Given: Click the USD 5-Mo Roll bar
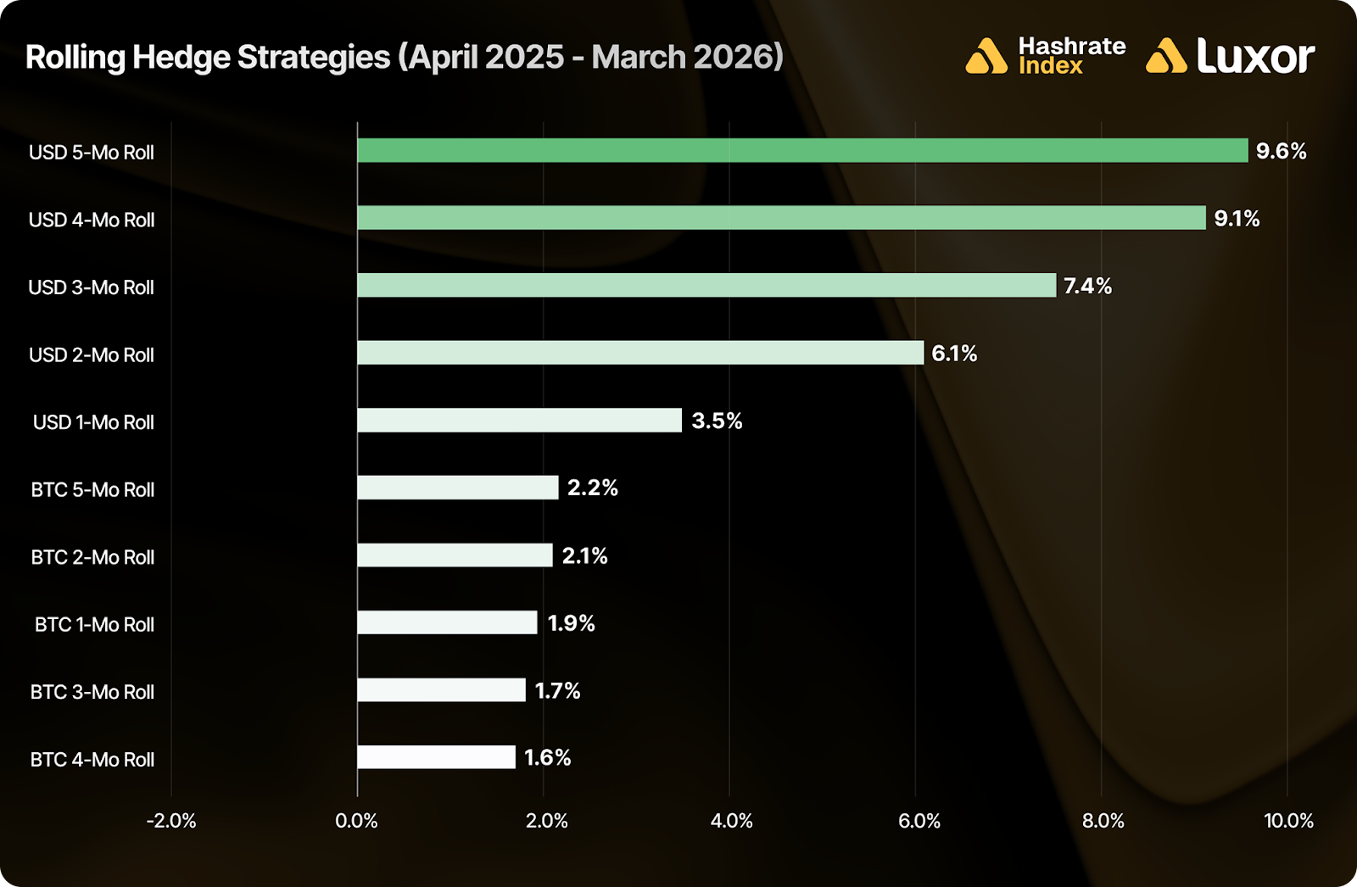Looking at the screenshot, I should tap(802, 151).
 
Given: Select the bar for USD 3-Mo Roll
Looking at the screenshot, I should tap(706, 286).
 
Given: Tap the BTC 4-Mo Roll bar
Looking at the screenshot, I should tap(436, 757).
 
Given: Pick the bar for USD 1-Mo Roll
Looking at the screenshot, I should tap(519, 421).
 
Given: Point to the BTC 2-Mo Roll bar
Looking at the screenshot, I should tap(455, 555).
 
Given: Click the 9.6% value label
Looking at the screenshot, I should tap(1281, 151).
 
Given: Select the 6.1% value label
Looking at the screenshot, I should tap(954, 354).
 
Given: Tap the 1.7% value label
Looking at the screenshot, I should tap(557, 691).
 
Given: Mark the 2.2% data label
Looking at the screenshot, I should tap(592, 488).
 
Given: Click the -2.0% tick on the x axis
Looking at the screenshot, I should tap(171, 821).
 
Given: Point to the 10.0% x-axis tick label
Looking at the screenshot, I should tap(1288, 821).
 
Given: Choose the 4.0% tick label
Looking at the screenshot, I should tap(731, 821).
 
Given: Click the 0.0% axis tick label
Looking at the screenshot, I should tap(356, 821).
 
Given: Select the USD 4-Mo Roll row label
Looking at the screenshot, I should tap(92, 220).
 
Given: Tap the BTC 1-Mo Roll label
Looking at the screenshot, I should tap(94, 625).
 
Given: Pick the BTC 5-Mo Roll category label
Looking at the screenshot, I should tap(92, 490).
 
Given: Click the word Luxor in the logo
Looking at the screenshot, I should tap(1255, 56).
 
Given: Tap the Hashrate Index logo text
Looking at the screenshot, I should tap(1071, 56).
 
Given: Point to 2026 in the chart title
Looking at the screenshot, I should tap(731, 57).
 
